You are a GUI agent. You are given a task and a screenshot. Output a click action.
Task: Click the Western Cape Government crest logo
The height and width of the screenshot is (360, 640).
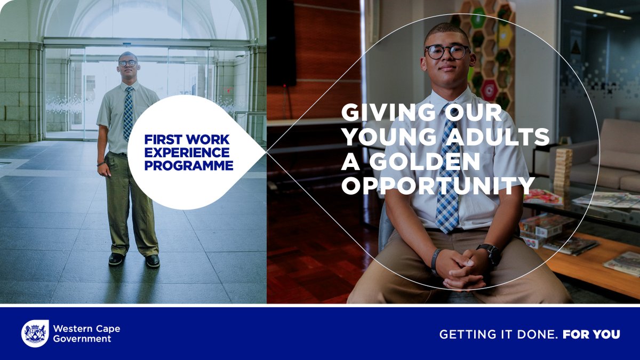click(x=35, y=333)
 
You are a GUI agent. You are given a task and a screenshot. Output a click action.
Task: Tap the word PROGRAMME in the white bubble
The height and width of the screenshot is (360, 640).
click(x=189, y=166)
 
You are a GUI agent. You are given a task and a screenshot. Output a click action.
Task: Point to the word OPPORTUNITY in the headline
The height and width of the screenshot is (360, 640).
click(x=438, y=186)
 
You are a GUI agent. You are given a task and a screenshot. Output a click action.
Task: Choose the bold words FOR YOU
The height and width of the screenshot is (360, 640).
click(x=591, y=334)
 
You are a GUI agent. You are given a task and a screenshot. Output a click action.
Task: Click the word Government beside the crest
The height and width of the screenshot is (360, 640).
click(x=82, y=339)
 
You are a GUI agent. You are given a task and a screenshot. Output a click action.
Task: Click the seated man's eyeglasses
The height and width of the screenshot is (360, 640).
click(x=447, y=52)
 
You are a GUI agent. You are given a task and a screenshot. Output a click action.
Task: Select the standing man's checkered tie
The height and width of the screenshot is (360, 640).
click(x=129, y=113)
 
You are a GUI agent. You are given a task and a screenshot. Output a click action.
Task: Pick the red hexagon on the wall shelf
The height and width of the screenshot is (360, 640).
click(x=490, y=90)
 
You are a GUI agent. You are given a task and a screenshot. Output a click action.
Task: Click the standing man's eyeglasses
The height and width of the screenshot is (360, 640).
click(x=127, y=63)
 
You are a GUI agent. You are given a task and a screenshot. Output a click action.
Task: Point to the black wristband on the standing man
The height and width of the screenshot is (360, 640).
click(x=101, y=164)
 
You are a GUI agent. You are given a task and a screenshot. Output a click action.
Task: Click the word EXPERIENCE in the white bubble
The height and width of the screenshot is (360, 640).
click(x=187, y=153)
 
